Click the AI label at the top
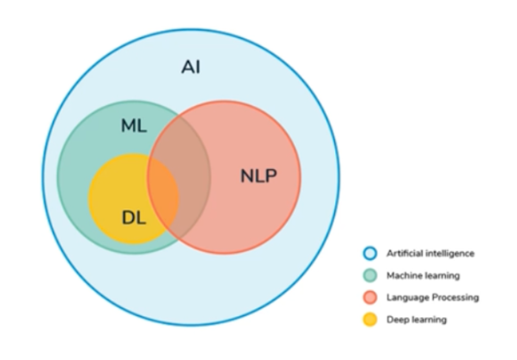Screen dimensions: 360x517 (x=191, y=67)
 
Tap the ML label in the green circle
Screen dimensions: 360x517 (x=133, y=127)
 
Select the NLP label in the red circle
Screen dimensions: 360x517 (x=258, y=176)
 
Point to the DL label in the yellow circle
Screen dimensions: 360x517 (x=133, y=216)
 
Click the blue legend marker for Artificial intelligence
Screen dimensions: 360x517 (x=369, y=253)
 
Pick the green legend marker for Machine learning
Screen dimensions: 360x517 (x=369, y=275)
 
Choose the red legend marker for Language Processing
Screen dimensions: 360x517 (x=369, y=297)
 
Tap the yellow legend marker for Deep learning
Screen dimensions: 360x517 (x=369, y=319)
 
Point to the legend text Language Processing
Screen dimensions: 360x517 (x=432, y=298)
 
